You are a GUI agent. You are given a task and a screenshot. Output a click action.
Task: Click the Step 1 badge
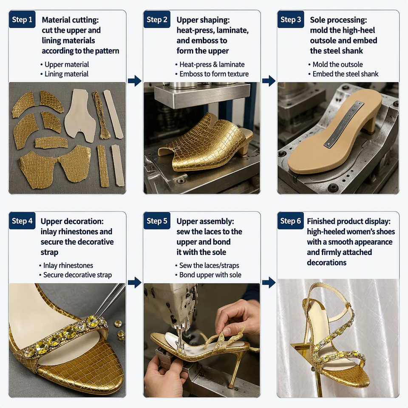22,20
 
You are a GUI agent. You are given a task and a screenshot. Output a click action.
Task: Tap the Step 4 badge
22,221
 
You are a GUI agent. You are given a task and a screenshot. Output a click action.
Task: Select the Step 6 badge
290,221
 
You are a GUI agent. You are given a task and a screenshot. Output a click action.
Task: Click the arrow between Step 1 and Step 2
135,81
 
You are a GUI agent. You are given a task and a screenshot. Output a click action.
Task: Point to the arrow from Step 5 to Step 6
269,283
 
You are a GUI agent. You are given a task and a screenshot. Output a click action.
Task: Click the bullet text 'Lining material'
66,74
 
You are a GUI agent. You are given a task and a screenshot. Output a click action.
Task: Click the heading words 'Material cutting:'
70,20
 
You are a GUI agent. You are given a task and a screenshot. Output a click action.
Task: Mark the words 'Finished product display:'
348,221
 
